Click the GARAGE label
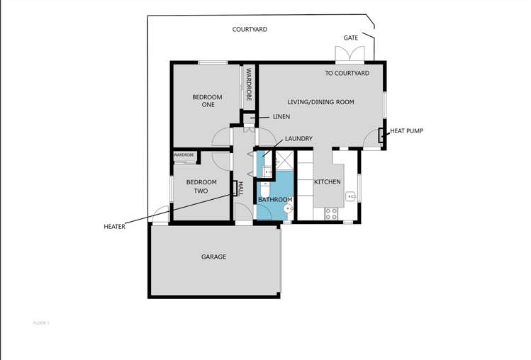click(213, 257)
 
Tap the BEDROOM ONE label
click(207, 101)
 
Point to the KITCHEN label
click(328, 182)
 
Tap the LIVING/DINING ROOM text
click(320, 102)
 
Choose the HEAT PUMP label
click(406, 131)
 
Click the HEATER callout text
click(114, 227)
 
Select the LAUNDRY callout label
click(298, 139)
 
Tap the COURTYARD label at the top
click(250, 30)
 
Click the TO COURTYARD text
click(347, 73)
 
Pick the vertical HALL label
click(240, 189)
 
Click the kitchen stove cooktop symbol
click(330, 213)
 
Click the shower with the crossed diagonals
click(285, 161)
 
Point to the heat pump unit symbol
click(381, 135)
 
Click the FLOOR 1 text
click(42, 323)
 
